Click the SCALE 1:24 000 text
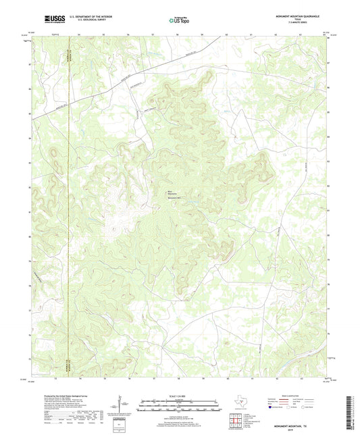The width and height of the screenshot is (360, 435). tap(179, 395)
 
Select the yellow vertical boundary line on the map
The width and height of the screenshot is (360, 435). tap(69, 203)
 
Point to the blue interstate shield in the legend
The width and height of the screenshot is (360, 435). tap(272, 408)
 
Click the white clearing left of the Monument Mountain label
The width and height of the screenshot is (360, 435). tap(122, 203)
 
